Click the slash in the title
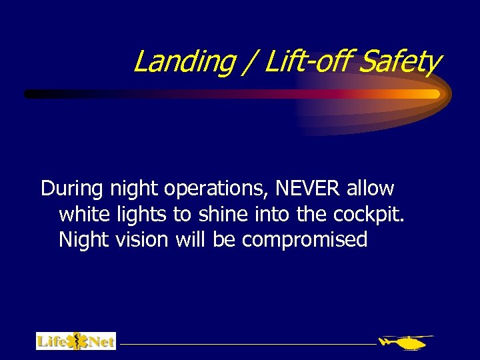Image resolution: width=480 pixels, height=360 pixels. point(249,62)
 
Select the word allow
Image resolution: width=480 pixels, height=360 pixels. point(370,189)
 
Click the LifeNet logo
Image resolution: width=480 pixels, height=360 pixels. point(76,341)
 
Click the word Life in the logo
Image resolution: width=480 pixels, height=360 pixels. point(52,341)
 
